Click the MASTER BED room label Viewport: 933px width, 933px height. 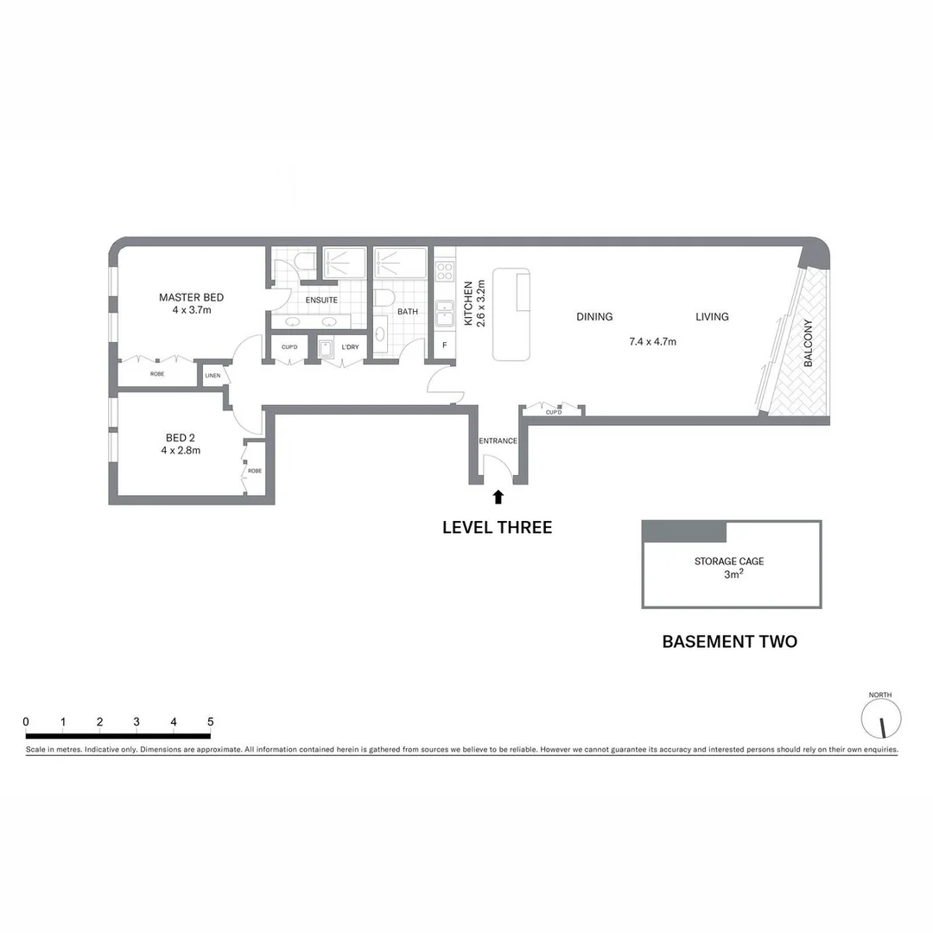[191, 298]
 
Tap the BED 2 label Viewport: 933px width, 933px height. [181, 437]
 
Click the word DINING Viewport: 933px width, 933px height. [594, 317]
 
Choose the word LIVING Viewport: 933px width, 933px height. [712, 317]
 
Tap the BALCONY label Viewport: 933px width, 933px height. [809, 344]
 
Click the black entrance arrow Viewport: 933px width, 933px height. [498, 497]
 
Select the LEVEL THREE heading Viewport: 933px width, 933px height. [497, 527]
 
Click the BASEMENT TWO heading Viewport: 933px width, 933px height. [729, 642]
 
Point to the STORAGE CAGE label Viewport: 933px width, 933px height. [729, 562]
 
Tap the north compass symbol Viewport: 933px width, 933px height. [881, 718]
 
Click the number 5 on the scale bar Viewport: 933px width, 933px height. [210, 722]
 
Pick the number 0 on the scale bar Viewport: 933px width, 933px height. [26, 722]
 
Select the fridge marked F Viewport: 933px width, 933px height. [444, 346]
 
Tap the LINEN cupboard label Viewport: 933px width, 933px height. [213, 376]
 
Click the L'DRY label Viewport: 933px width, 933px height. [350, 347]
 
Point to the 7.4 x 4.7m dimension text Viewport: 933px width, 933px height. [652, 341]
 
